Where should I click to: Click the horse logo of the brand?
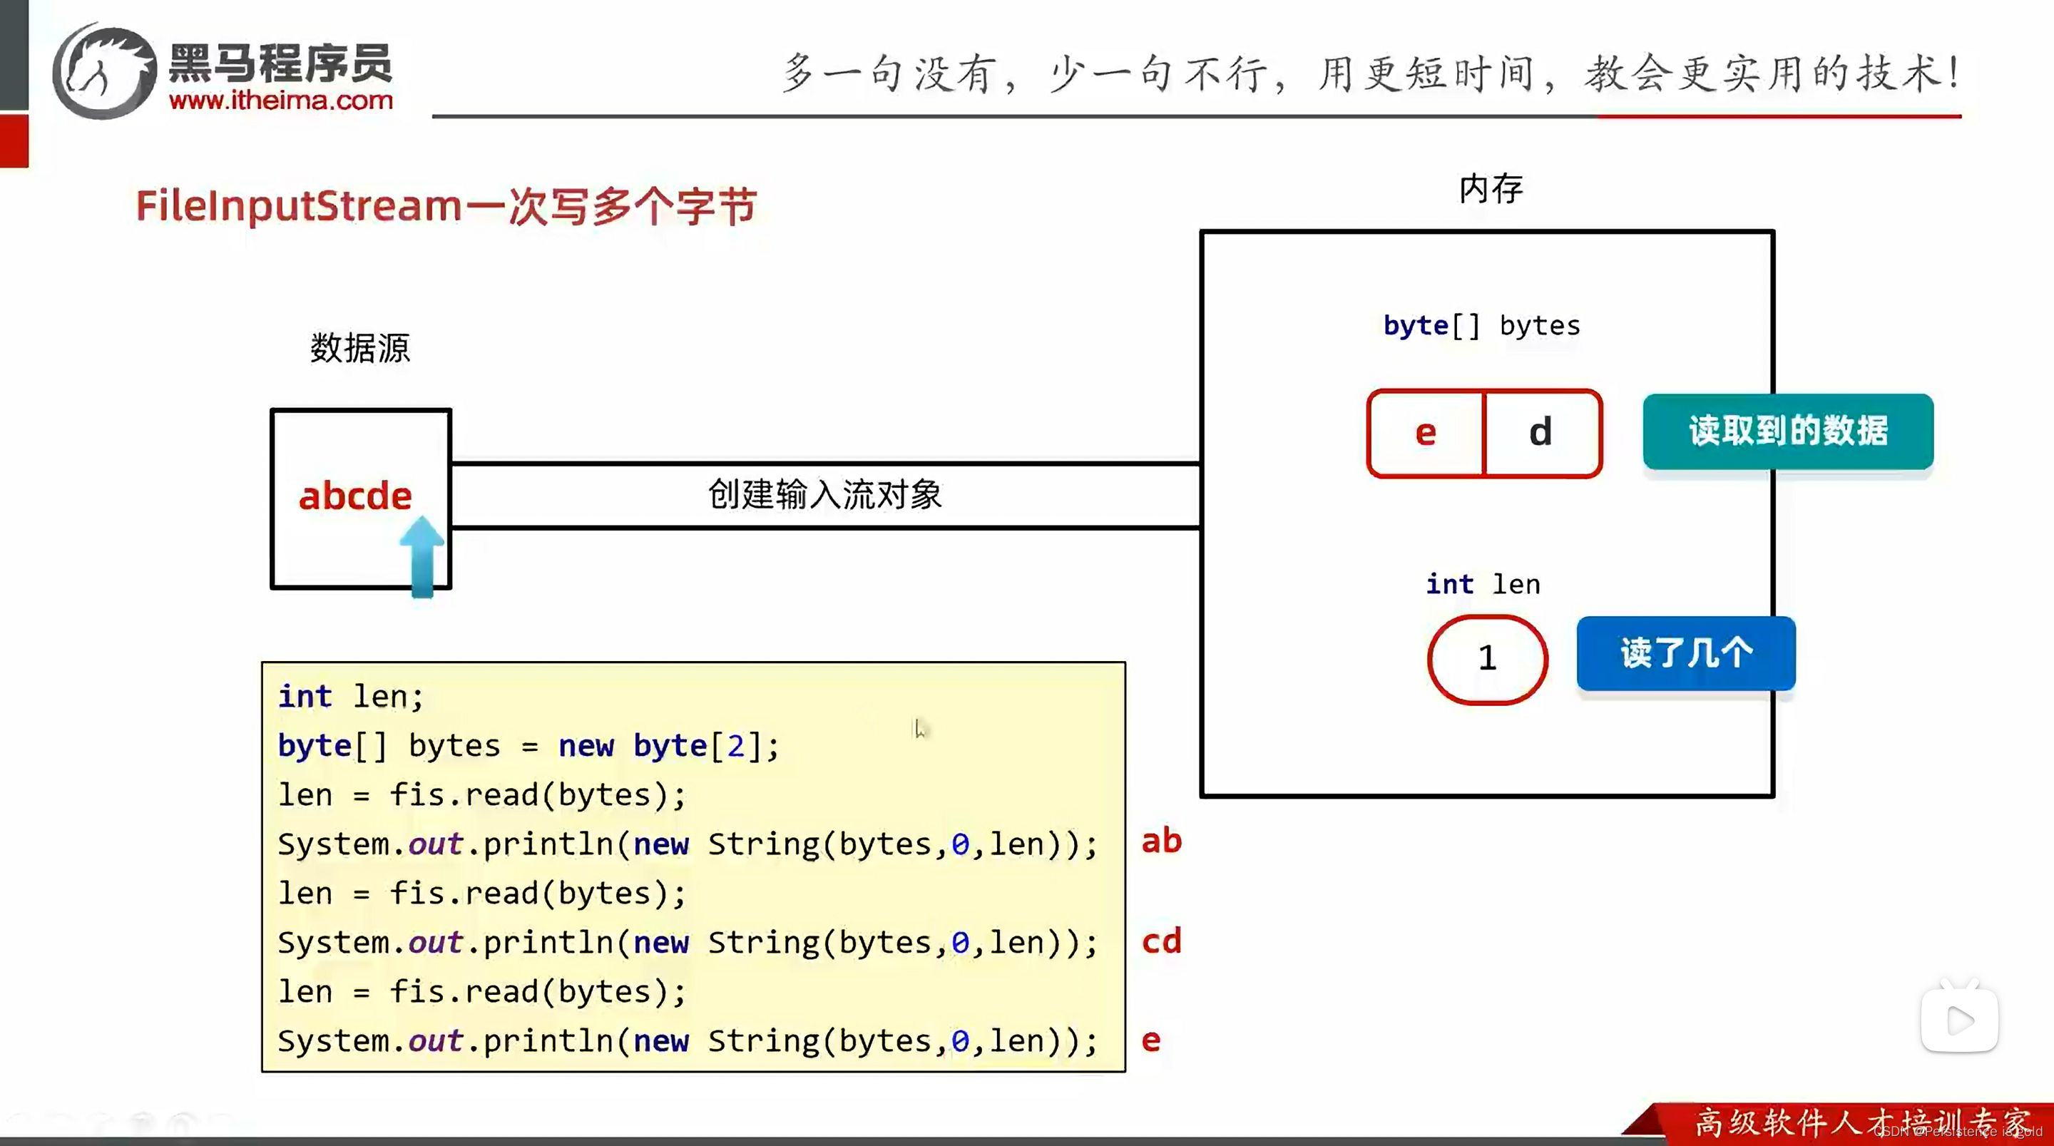pos(103,72)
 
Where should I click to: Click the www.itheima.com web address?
pos(281,101)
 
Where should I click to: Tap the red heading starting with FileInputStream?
pos(446,207)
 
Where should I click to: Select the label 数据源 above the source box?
pos(359,349)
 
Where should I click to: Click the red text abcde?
pos(355,496)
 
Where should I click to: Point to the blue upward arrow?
pos(421,556)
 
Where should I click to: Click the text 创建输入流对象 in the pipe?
pos(824,494)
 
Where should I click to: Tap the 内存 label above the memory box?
pos(1491,189)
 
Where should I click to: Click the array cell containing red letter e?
pos(1426,433)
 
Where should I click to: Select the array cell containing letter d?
pos(1540,433)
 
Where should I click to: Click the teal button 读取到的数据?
pos(1788,431)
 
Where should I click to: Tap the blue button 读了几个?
pos(1685,653)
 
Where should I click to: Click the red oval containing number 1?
pos(1487,659)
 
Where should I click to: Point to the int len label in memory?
pos(1482,584)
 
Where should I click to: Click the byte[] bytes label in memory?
pos(1481,325)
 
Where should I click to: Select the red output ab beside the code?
pos(1161,841)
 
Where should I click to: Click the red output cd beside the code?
pos(1161,941)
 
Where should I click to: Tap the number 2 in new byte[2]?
pos(735,746)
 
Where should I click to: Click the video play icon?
pos(1959,1020)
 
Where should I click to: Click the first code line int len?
pos(350,696)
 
